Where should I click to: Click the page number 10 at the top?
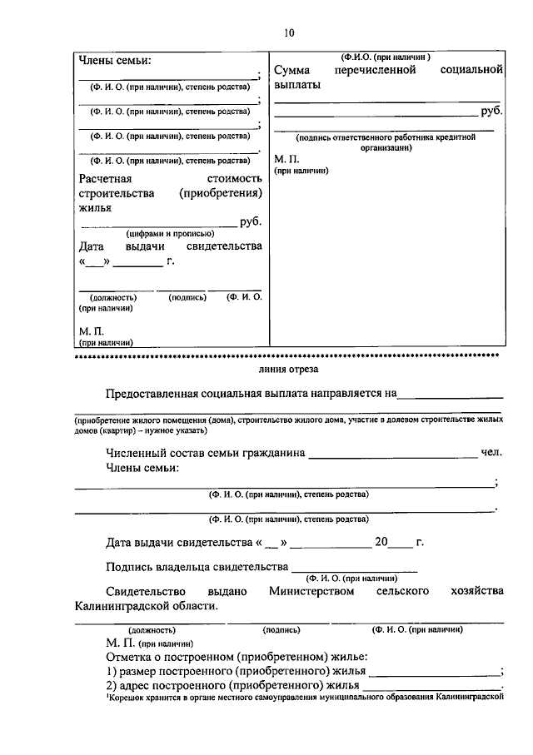[x=288, y=33]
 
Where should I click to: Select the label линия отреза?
[x=287, y=367]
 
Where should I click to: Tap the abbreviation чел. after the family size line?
[x=492, y=454]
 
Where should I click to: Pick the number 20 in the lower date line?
[x=381, y=542]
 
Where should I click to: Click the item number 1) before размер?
[x=112, y=671]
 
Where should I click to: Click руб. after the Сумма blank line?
[x=491, y=111]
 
